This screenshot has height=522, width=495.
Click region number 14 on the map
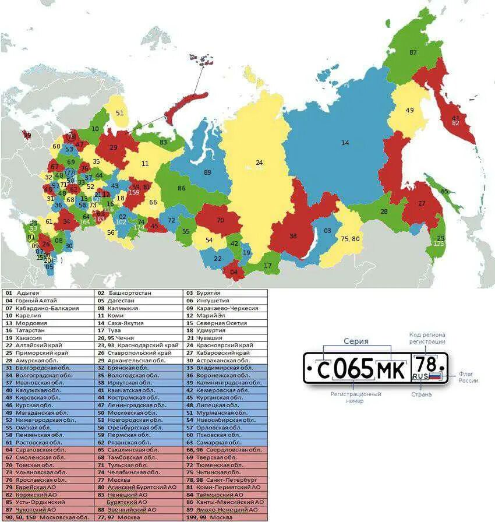point(345,143)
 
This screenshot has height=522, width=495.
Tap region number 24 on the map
point(259,163)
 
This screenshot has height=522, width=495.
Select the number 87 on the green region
point(413,52)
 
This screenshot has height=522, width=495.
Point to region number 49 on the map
point(409,110)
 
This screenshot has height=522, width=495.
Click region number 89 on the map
point(207,172)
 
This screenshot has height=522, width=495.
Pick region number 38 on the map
point(293,237)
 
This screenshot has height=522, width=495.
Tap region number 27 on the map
point(422,203)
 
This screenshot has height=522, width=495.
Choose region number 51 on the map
point(119,113)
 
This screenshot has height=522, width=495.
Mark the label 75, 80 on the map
point(350,238)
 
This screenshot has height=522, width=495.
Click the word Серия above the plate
point(356,341)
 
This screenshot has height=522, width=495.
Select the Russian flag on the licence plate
point(435,376)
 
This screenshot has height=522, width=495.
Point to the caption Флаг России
point(468,377)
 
